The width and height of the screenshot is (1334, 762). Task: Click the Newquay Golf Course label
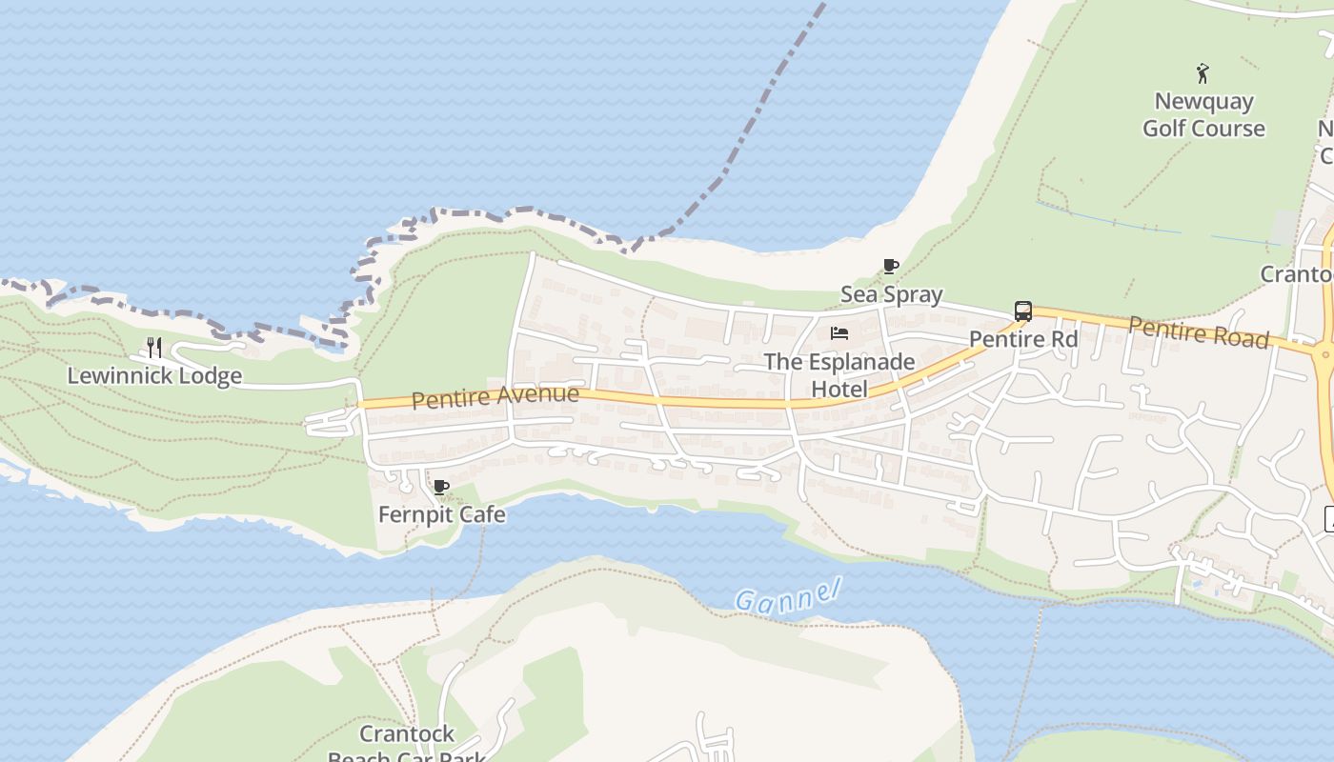(x=1203, y=114)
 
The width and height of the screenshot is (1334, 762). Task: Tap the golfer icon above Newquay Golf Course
(x=1203, y=73)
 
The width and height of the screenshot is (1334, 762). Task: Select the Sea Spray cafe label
(x=891, y=294)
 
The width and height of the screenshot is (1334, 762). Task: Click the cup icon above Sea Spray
(x=891, y=267)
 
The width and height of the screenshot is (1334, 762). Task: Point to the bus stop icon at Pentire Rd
(x=1022, y=311)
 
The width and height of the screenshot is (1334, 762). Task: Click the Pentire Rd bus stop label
(x=1022, y=339)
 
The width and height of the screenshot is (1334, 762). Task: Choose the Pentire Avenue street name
(x=495, y=396)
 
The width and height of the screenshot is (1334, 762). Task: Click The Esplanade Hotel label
(x=839, y=375)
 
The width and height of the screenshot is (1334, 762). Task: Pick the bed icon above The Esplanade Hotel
(x=839, y=333)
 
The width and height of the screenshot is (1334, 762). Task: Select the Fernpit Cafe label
(x=442, y=514)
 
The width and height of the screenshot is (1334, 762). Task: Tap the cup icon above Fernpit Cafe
(x=441, y=488)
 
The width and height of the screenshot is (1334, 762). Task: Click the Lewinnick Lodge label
(x=154, y=376)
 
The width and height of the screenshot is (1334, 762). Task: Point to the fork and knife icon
(x=154, y=348)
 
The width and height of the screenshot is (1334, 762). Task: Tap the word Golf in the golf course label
(x=1166, y=129)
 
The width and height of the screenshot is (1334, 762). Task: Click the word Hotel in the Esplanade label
(x=839, y=389)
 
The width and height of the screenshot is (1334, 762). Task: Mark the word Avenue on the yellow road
(x=538, y=394)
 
